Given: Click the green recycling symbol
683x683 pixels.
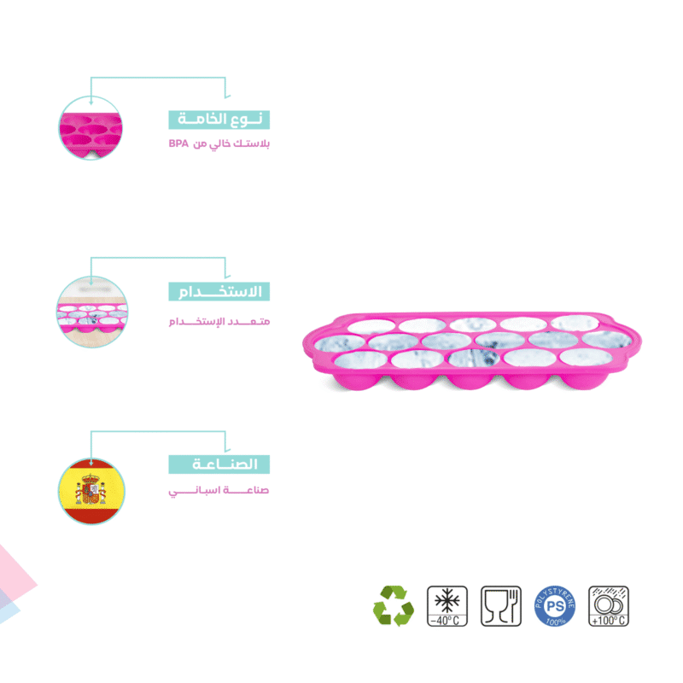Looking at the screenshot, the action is pos(394,606).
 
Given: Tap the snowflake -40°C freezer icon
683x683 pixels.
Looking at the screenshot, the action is pos(447,606).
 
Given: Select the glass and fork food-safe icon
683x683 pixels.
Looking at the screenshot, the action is pos(501,606).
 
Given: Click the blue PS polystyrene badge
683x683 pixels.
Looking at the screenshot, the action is pos(554,606).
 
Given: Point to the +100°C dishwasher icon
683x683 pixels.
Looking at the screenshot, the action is pos(609,606).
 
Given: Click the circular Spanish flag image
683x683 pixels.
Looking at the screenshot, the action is pos(91,491).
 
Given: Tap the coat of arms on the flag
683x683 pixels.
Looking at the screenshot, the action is pos(90,489).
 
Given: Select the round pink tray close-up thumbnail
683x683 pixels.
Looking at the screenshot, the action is pos(90,128).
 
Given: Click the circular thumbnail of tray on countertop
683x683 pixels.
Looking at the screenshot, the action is pos(92,312).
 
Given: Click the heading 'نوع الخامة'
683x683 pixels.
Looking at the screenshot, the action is pos(219,120).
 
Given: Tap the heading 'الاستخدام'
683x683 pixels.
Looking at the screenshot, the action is pos(219,291).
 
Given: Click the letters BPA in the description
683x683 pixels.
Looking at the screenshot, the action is pos(178,143).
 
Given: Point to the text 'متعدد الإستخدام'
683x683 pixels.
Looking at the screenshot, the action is pos(219,322).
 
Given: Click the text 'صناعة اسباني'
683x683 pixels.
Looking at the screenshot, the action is pos(219,491).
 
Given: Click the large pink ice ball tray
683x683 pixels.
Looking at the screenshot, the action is pos(472,351).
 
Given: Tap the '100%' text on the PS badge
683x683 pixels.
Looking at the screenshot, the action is pos(555,621).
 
